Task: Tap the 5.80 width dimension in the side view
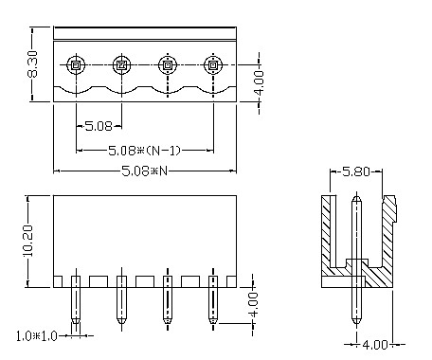pyautogui.click(x=355, y=173)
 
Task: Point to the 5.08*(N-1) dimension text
pyautogui.click(x=144, y=150)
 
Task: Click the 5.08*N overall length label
pyautogui.click(x=144, y=171)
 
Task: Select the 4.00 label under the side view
pyautogui.click(x=377, y=345)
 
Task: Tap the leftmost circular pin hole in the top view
pyautogui.click(x=76, y=65)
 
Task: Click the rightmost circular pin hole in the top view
pyautogui.click(x=212, y=65)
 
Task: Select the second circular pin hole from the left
pyautogui.click(x=121, y=65)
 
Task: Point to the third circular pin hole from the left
pyautogui.click(x=167, y=65)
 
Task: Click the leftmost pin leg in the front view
pyautogui.click(x=76, y=303)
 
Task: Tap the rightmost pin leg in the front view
pyautogui.click(x=212, y=303)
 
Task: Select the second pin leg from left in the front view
pyautogui.click(x=121, y=303)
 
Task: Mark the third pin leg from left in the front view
pyautogui.click(x=167, y=303)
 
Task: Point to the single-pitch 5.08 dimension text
pyautogui.click(x=99, y=124)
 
